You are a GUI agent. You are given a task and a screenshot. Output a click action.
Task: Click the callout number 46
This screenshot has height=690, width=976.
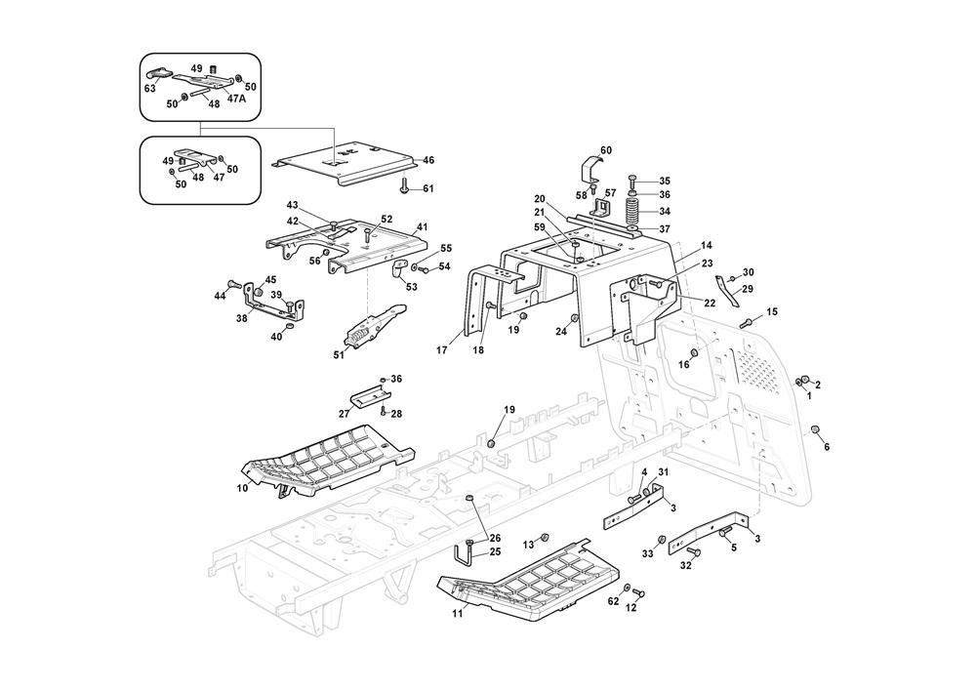[428, 159]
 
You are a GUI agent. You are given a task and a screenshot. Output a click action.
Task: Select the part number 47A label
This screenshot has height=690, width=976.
[237, 99]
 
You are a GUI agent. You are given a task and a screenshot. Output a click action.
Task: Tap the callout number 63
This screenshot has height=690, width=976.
[150, 89]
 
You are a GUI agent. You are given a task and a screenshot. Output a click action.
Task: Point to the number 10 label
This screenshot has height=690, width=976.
[242, 488]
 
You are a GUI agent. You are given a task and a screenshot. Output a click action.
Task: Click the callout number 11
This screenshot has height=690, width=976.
[458, 615]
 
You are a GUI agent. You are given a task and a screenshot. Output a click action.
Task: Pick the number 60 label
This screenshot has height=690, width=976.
[606, 150]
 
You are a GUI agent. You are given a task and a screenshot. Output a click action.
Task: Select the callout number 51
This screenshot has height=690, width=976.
[339, 355]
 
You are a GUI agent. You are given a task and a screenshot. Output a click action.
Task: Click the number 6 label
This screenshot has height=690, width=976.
[827, 447]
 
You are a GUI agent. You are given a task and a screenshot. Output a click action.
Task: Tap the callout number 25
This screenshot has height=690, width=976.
[495, 552]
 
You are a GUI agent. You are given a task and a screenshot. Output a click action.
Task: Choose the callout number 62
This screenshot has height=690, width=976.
[613, 602]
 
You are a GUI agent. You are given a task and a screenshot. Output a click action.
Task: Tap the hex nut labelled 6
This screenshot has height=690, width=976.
[814, 429]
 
